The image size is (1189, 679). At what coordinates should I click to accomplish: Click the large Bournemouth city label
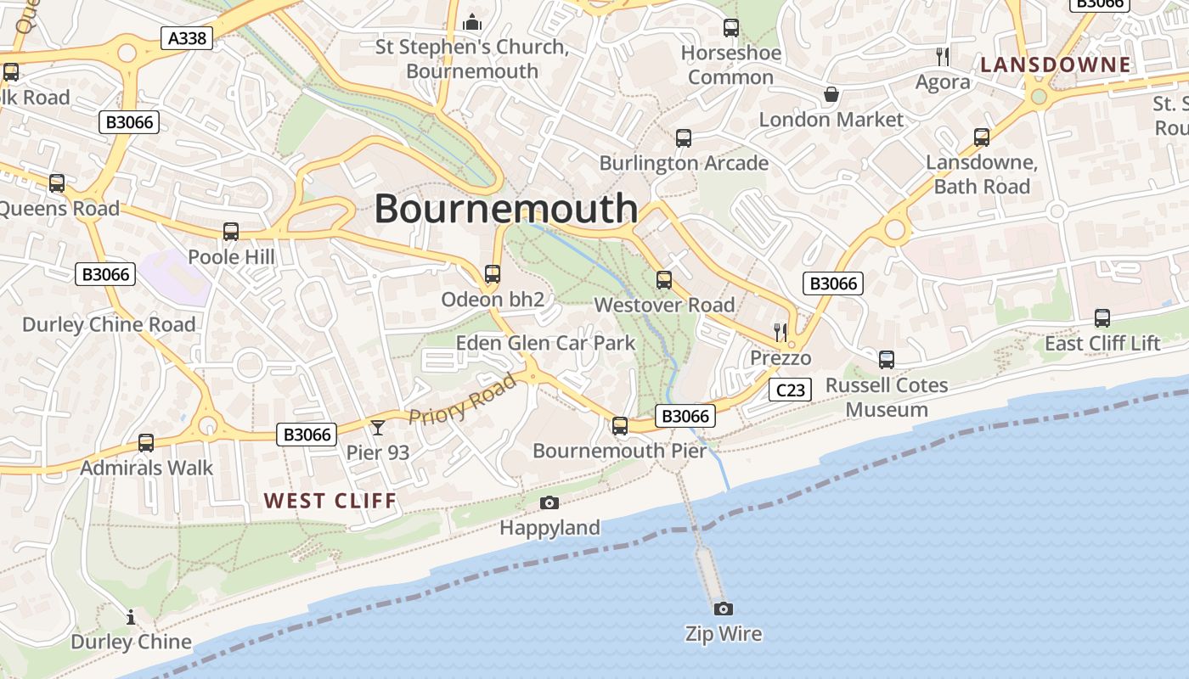point(506,209)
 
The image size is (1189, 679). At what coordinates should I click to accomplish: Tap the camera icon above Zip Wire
point(724,609)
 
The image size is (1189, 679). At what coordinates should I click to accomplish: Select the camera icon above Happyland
point(549,502)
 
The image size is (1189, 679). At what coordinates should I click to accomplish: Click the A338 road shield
point(187,38)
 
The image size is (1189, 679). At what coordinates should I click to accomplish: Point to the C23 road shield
point(790,390)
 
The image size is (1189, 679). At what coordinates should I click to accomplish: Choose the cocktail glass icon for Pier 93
point(378,427)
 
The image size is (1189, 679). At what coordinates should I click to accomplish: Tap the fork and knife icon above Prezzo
point(780,331)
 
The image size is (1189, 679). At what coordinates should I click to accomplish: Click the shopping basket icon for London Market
point(831,94)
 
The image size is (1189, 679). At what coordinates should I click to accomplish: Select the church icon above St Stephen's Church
point(472,22)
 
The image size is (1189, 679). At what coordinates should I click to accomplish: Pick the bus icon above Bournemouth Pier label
point(620,425)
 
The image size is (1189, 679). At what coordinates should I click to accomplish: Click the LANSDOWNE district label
point(1056,65)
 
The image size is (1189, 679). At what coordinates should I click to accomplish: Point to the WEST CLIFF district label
point(330,501)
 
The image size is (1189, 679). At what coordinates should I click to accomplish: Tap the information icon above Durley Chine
point(131,617)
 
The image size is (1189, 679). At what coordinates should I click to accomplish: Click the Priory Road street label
point(463,399)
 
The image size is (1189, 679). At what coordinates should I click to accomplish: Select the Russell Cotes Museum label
point(887,397)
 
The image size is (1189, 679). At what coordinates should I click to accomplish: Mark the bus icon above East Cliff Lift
point(1102,318)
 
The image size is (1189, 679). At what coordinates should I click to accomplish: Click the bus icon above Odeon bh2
point(493,274)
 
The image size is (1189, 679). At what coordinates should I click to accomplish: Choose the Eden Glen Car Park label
point(545,343)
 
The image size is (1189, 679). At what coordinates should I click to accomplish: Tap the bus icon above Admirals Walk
point(146,442)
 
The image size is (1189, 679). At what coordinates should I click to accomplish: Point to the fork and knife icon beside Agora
point(943,57)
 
